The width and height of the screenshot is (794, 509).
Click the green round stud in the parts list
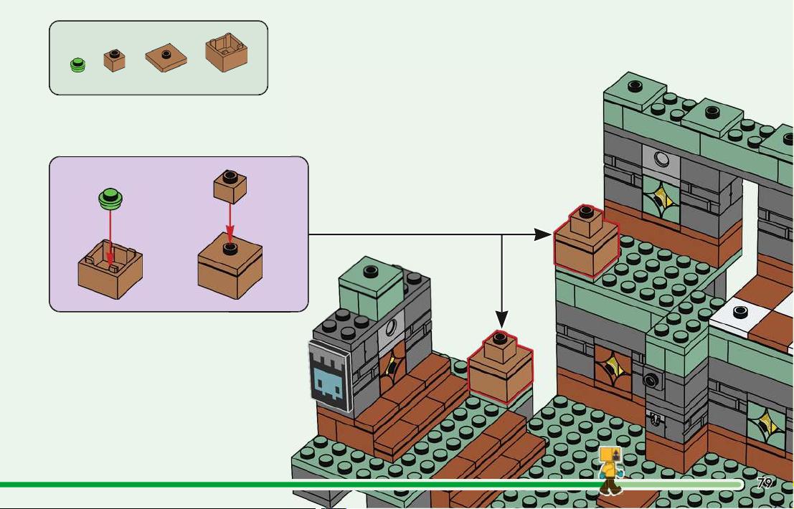pos(77,65)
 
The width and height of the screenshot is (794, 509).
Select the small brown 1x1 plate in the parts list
pos(115,60)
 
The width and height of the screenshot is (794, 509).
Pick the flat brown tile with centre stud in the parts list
pos(166,56)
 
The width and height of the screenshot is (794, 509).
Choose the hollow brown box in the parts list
pos(227,52)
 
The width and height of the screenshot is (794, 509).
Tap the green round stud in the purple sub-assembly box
pos(111,199)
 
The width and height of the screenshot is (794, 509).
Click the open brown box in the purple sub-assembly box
pos(110,269)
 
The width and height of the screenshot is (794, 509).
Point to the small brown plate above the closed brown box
pos(230,186)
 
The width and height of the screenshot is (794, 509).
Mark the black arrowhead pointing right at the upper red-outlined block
pos(543,234)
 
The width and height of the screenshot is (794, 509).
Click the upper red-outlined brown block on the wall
pos(587,241)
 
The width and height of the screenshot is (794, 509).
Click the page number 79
pos(765,482)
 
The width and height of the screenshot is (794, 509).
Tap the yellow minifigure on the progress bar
pos(610,470)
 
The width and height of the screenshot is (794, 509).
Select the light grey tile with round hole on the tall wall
pos(661,161)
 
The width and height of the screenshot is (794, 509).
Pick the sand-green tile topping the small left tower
pos(370,281)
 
